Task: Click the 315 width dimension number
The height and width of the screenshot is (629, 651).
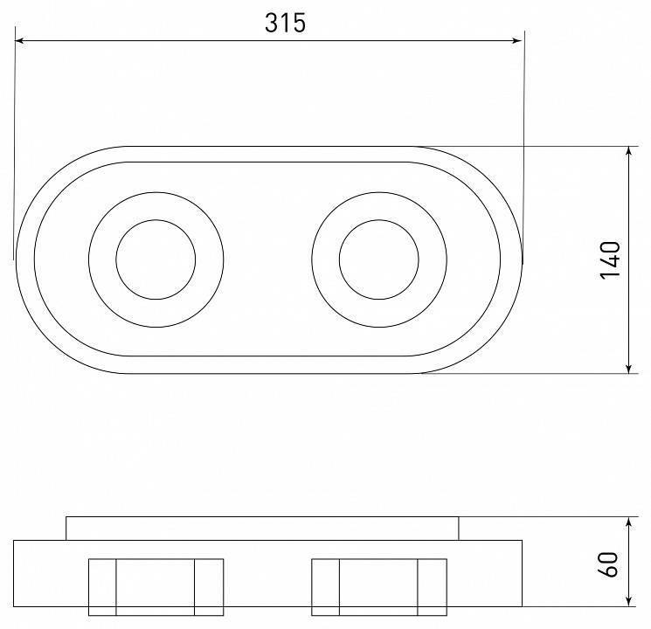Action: (x=285, y=23)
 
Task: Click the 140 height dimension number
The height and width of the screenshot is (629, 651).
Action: (x=610, y=260)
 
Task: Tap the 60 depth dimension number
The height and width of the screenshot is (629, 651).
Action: (x=608, y=564)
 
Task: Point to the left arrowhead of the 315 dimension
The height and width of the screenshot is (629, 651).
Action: (x=19, y=41)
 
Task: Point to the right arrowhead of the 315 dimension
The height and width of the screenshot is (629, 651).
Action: (x=517, y=41)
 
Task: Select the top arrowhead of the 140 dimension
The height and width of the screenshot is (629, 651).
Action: (x=629, y=151)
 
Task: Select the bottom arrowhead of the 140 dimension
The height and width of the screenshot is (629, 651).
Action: (x=629, y=369)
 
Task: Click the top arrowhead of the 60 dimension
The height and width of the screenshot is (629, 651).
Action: (x=629, y=522)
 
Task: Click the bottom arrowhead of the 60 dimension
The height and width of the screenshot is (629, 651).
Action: (x=629, y=601)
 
